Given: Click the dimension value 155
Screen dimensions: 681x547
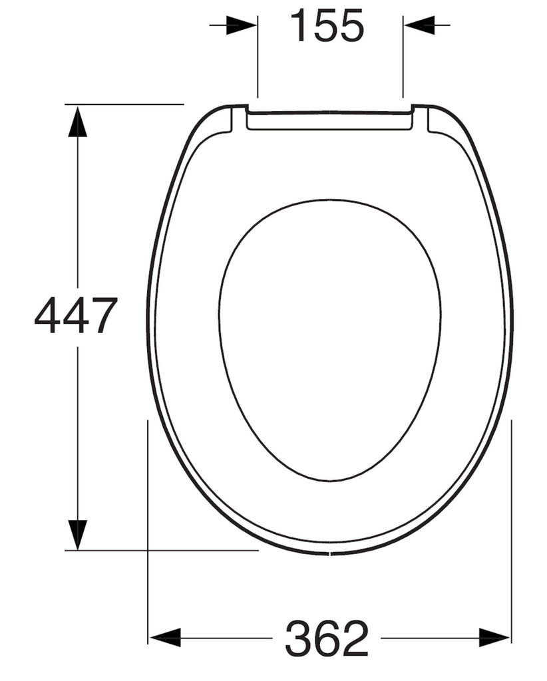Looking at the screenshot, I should click(329, 27).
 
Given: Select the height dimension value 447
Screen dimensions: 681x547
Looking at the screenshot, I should click(76, 316).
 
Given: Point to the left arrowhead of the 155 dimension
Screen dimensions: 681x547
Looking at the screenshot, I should click(242, 25).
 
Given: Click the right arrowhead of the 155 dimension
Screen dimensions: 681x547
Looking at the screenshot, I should click(419, 25).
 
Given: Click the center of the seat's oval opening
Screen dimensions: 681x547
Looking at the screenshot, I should click(329, 339).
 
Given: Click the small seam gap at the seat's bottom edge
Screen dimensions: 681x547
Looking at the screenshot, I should click(330, 553).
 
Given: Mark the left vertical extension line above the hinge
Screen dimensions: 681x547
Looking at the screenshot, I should click(257, 60).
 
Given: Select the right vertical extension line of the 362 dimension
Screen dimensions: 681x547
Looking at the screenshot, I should click(511, 532).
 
